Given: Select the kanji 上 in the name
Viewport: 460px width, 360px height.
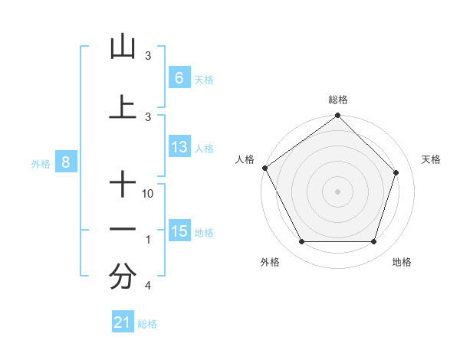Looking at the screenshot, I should pos(123,106).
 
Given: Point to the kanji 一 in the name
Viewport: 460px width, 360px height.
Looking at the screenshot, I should pos(123,229).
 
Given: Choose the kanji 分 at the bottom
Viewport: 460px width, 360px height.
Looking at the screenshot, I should pos(123,277).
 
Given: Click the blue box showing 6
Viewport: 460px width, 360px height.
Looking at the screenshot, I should pos(179,77).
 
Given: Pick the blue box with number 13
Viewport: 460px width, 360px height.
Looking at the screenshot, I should pos(179,147).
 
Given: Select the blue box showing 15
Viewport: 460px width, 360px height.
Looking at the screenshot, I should pos(179,231).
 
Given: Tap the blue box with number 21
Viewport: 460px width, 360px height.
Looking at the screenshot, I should pos(123,322).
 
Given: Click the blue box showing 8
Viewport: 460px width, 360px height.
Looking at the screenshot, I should pos(66,162).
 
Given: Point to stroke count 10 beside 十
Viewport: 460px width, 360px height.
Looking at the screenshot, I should pos(149,194).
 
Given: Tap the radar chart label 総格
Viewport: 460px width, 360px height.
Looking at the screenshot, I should pos(338,100).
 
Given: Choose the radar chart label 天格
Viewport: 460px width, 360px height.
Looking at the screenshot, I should pos(432,159).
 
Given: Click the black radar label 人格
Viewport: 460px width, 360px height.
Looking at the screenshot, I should pos(245,159).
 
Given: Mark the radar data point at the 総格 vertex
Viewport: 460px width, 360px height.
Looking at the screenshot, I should pos(337,116).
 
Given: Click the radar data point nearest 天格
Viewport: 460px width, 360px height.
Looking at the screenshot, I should pos(396,172).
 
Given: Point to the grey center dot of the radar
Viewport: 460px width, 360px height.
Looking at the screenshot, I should pos(337,191).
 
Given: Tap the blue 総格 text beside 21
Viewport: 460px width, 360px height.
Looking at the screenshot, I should pos(147,324).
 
